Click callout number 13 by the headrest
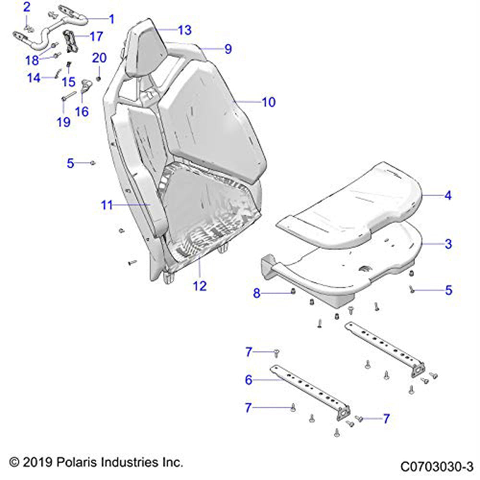point(184,30)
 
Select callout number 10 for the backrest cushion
point(268,102)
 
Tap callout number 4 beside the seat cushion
point(447,195)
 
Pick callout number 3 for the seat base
point(448,244)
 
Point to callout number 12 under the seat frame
point(200,286)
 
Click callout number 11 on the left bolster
point(107,205)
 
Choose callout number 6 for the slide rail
point(248,380)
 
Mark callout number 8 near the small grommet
point(257,293)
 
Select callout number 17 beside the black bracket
point(96,36)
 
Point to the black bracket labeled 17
point(71,41)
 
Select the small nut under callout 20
point(99,78)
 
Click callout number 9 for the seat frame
point(228,49)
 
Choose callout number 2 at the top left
point(27,7)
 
